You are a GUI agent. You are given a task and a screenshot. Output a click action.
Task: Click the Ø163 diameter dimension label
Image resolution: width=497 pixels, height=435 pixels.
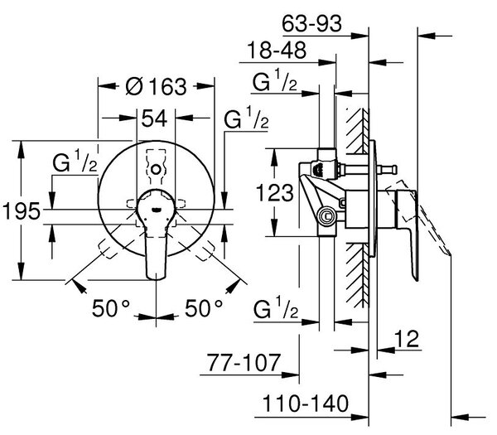(x=156, y=86)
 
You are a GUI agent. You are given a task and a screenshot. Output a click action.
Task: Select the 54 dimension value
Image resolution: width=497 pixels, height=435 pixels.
(x=154, y=118)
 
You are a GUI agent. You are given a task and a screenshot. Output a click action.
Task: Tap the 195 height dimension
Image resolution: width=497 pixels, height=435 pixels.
(x=22, y=210)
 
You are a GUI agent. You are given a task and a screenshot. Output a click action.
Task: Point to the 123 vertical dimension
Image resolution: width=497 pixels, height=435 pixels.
(x=275, y=193)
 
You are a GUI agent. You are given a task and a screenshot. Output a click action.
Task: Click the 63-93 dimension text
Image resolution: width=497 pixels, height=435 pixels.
(x=312, y=23)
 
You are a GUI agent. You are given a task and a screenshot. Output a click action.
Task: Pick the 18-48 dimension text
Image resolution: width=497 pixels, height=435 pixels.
(x=277, y=50)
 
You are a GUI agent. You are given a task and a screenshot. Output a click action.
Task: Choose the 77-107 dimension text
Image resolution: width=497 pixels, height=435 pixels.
(x=244, y=362)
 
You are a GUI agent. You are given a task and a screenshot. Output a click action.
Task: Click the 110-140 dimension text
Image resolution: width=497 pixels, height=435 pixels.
(x=306, y=404)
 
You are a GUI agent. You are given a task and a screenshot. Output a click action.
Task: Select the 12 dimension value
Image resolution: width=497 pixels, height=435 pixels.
(x=407, y=339)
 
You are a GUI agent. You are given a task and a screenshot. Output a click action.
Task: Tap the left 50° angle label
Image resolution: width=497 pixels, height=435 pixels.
(x=111, y=308)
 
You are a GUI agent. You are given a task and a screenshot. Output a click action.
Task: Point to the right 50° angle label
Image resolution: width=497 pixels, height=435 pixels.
(x=204, y=308)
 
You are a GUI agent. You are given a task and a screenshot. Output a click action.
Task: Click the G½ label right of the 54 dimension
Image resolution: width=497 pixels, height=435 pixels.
(x=246, y=118)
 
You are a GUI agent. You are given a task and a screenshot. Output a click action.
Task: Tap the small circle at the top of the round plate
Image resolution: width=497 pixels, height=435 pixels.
(x=156, y=169)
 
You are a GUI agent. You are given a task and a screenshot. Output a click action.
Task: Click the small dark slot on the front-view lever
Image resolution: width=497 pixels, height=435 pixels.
(x=157, y=210)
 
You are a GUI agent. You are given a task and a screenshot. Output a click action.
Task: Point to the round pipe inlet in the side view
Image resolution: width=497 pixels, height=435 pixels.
(x=326, y=217)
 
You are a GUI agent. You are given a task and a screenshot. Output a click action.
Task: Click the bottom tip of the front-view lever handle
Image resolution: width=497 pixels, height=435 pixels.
(x=157, y=279)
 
